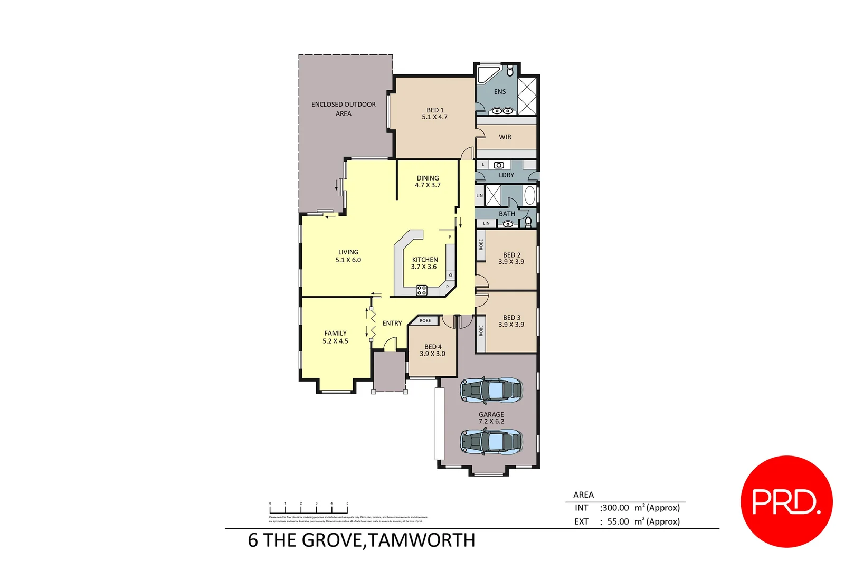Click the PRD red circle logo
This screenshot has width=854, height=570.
[x=786, y=501]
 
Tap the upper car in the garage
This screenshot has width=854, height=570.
[x=491, y=391]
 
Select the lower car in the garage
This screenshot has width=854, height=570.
[x=491, y=441]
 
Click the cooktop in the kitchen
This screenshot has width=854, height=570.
[x=421, y=290]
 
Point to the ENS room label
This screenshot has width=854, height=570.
[x=499, y=92]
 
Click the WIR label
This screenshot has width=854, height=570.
[x=505, y=137]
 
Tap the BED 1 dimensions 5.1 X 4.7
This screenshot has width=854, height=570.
[x=434, y=117]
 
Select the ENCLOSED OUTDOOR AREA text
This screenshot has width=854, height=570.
[x=343, y=109]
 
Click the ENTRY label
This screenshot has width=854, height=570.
[x=392, y=324]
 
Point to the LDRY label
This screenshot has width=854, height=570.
[x=506, y=175]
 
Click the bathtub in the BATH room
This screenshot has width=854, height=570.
[x=529, y=195]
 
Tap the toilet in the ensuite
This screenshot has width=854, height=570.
[x=510, y=71]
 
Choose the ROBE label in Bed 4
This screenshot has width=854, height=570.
[x=425, y=321]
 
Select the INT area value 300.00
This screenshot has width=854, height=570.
[x=615, y=508]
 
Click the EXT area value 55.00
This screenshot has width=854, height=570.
[x=618, y=521]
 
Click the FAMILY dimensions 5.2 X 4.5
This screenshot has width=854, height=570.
[x=335, y=341]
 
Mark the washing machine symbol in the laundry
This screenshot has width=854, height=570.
[x=498, y=165]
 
